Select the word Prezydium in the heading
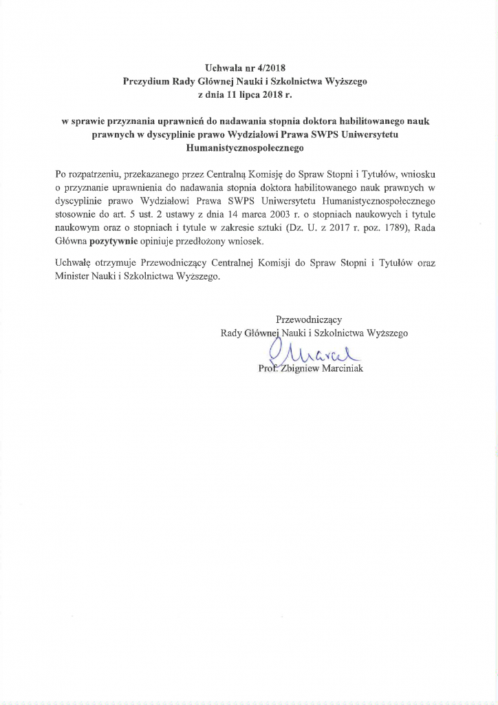144,81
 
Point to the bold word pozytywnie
116,242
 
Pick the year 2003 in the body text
266,214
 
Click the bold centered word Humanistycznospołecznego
249,147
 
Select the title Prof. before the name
268,369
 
